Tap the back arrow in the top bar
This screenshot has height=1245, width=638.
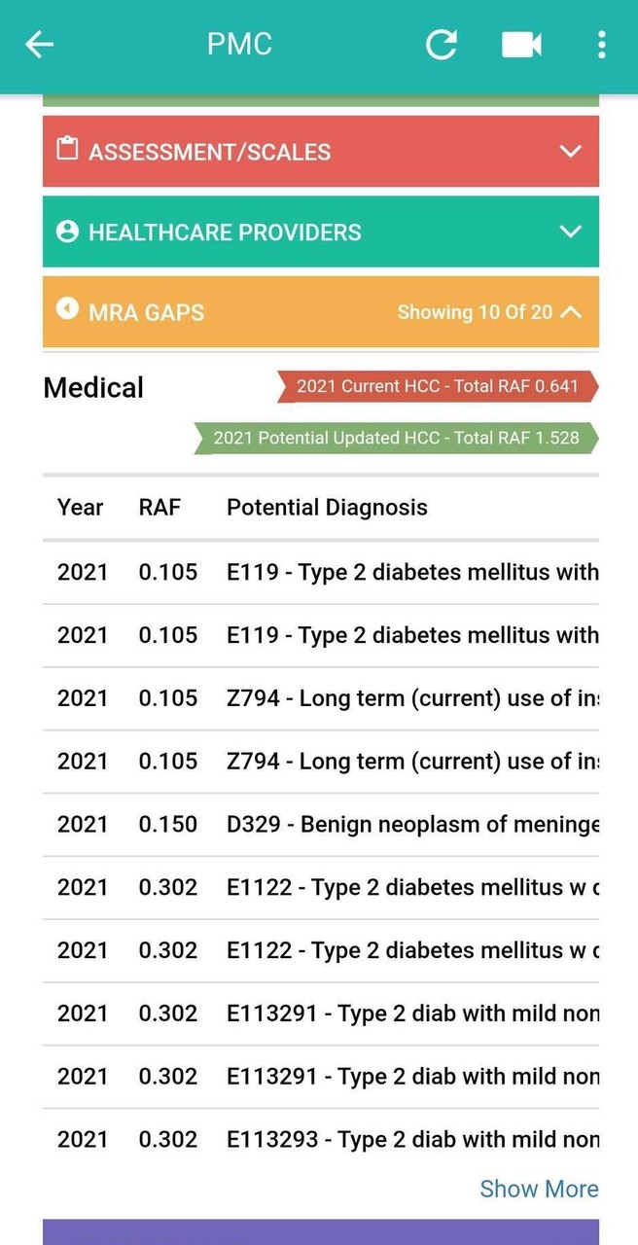click(39, 45)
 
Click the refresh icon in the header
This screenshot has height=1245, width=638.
click(441, 45)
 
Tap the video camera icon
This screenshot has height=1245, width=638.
click(521, 45)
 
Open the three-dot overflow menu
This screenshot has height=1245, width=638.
click(601, 45)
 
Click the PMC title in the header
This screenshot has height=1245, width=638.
click(239, 45)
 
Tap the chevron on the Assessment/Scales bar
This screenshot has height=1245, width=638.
click(571, 152)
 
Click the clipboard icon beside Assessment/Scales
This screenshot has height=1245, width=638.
click(67, 150)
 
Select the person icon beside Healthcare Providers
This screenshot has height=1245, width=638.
click(67, 231)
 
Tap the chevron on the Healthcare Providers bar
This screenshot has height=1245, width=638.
click(571, 231)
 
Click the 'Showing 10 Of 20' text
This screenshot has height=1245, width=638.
click(475, 312)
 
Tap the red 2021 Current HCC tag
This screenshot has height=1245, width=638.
click(437, 386)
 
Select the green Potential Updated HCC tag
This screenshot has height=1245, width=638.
click(396, 438)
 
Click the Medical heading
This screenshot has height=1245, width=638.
click(93, 388)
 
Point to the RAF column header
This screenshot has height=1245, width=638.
click(159, 507)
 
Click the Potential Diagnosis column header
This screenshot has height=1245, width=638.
click(327, 507)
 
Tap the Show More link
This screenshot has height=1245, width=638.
click(539, 1189)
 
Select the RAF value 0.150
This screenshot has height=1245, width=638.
click(167, 824)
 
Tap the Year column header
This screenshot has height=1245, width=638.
click(80, 507)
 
